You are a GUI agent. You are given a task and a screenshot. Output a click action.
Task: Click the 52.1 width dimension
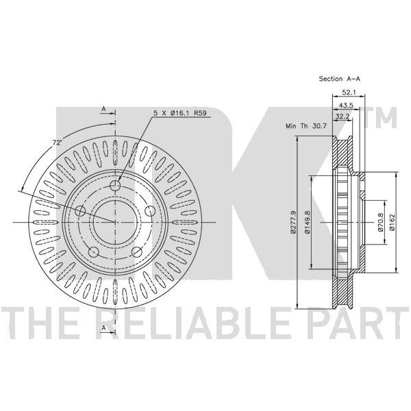point(349,92)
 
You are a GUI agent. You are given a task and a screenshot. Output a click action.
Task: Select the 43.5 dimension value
point(346,105)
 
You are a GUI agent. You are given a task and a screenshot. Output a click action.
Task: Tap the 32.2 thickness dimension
point(343,116)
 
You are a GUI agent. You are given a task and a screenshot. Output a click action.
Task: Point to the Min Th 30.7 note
point(306,126)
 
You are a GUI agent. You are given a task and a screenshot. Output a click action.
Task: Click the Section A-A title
point(340,79)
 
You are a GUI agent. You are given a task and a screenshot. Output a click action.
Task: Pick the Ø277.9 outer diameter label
point(293,222)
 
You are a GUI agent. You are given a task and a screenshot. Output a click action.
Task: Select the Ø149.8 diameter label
point(307,222)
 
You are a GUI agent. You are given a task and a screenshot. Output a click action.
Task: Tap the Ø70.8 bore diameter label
point(381,222)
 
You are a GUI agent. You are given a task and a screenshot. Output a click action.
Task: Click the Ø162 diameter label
point(392,222)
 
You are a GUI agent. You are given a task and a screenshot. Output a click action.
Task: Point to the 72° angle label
point(57,143)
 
